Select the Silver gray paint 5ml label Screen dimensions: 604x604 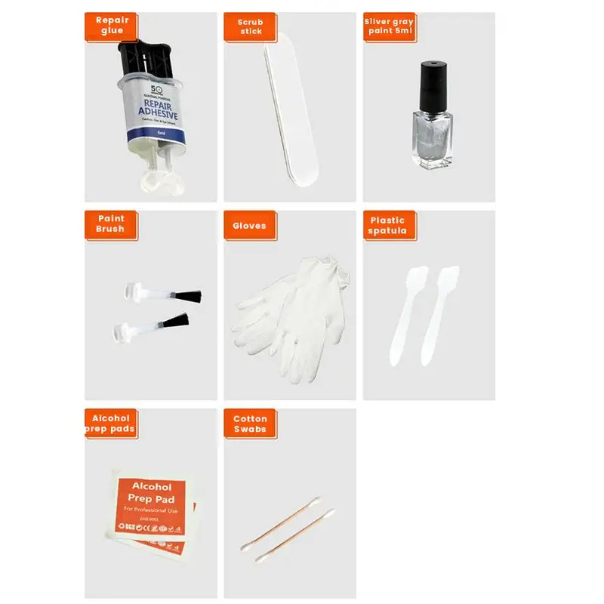coord(389,26)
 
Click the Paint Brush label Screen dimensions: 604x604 coord(110,224)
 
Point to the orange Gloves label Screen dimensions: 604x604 coord(250,225)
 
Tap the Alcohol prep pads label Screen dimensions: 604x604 coord(111,424)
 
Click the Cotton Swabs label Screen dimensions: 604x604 coord(250,424)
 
